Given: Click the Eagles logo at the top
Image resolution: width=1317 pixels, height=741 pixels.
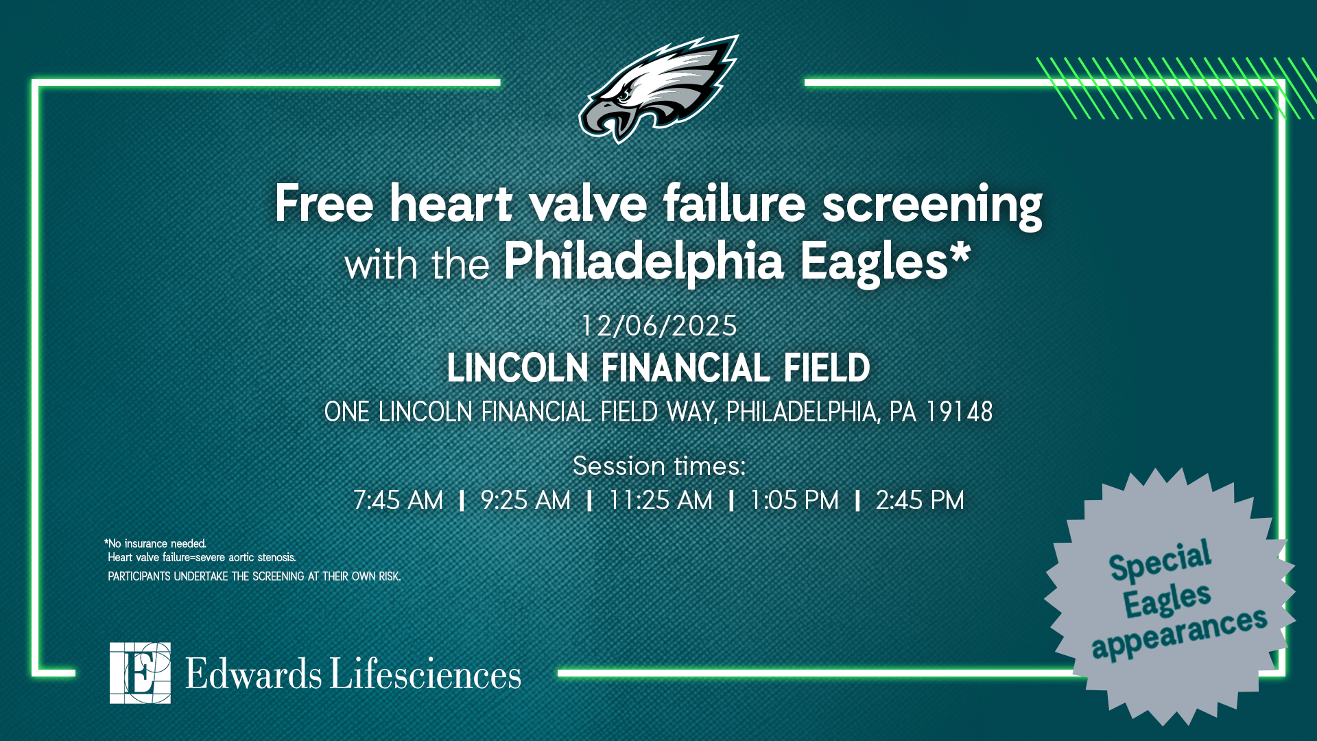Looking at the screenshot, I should tap(658, 89).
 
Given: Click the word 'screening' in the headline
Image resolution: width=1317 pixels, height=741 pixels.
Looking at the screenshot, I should tap(932, 204).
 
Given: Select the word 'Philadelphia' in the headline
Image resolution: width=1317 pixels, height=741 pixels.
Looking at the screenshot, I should tap(643, 262).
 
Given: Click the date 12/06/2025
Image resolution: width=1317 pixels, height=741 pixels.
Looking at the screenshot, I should tap(658, 326).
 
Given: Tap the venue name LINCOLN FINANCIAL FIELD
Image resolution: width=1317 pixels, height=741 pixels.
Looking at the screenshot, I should tap(658, 368).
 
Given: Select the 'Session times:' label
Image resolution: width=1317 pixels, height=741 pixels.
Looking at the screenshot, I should tap(658, 467).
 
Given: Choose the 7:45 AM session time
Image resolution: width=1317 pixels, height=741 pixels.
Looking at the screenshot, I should tap(398, 501).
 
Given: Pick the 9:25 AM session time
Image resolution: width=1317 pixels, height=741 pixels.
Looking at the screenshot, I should tap(525, 501).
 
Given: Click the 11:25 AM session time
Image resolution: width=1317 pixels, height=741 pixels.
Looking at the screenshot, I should tap(661, 501).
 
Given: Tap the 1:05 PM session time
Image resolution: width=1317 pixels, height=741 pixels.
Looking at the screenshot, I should tap(794, 501).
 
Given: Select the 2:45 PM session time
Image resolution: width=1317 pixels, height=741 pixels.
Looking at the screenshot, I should tap(920, 501).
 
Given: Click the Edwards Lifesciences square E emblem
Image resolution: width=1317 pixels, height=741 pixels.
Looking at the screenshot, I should tap(140, 673).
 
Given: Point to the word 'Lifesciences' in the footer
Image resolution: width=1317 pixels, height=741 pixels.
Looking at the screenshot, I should tap(425, 674).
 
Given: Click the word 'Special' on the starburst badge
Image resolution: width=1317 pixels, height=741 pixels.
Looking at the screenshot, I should tap(1160, 561).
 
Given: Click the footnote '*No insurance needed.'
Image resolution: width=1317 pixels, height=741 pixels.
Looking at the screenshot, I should tap(155, 544).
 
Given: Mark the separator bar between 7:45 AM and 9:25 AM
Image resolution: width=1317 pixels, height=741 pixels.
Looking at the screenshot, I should tap(462, 501).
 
